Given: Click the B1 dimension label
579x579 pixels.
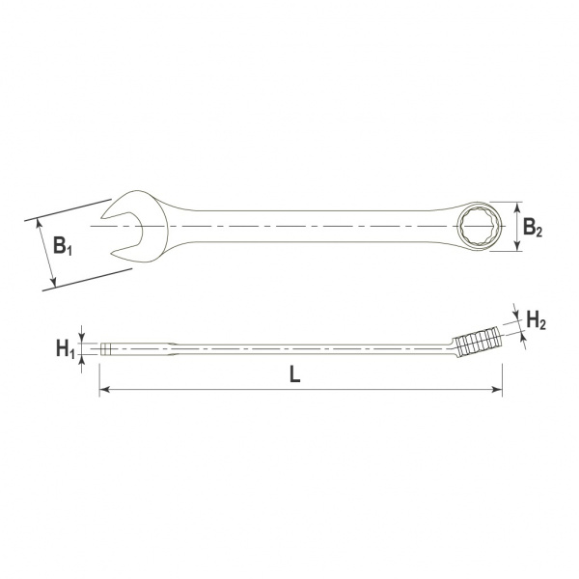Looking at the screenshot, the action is (x=63, y=245).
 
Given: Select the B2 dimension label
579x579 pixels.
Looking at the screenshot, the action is (x=533, y=227).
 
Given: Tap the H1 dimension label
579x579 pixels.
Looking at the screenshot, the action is (x=66, y=349).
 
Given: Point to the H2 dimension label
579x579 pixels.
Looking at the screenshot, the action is (x=536, y=319).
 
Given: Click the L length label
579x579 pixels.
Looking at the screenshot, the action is (x=294, y=374).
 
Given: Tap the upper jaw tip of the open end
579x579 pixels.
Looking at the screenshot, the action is (x=102, y=217).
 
